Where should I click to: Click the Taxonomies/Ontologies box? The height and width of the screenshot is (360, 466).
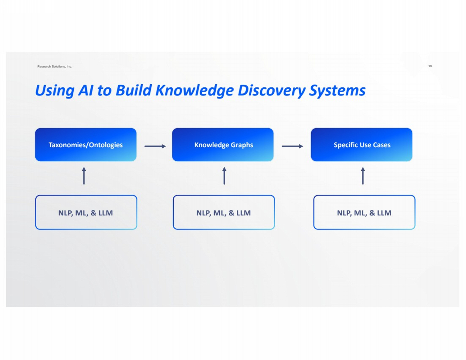(x=86, y=145)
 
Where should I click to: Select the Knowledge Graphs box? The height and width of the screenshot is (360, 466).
(x=223, y=145)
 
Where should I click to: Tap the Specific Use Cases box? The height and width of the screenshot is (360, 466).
(x=362, y=145)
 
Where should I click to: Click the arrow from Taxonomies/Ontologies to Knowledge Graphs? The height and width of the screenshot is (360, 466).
(x=155, y=146)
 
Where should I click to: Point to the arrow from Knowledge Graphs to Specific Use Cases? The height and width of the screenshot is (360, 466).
(x=292, y=146)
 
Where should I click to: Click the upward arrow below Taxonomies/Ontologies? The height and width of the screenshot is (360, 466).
(x=84, y=176)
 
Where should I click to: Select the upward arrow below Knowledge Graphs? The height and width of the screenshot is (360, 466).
(x=224, y=176)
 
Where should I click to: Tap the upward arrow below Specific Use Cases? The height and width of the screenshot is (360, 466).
(x=363, y=176)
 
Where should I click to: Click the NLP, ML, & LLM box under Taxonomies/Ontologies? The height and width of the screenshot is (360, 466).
(x=86, y=213)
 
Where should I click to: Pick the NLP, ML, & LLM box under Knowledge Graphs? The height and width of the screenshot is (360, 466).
(x=224, y=213)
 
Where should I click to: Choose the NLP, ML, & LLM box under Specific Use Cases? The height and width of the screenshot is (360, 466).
(x=364, y=213)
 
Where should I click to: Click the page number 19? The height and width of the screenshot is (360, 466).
(x=430, y=66)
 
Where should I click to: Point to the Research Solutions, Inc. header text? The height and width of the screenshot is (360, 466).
(x=55, y=67)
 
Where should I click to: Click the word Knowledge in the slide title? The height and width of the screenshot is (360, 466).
(x=194, y=90)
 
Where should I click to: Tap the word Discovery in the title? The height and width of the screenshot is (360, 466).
(x=272, y=90)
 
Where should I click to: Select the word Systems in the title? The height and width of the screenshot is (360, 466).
(x=337, y=90)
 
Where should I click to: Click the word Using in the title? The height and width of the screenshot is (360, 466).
(x=54, y=91)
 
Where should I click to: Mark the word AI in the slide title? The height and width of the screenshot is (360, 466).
(x=86, y=90)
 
